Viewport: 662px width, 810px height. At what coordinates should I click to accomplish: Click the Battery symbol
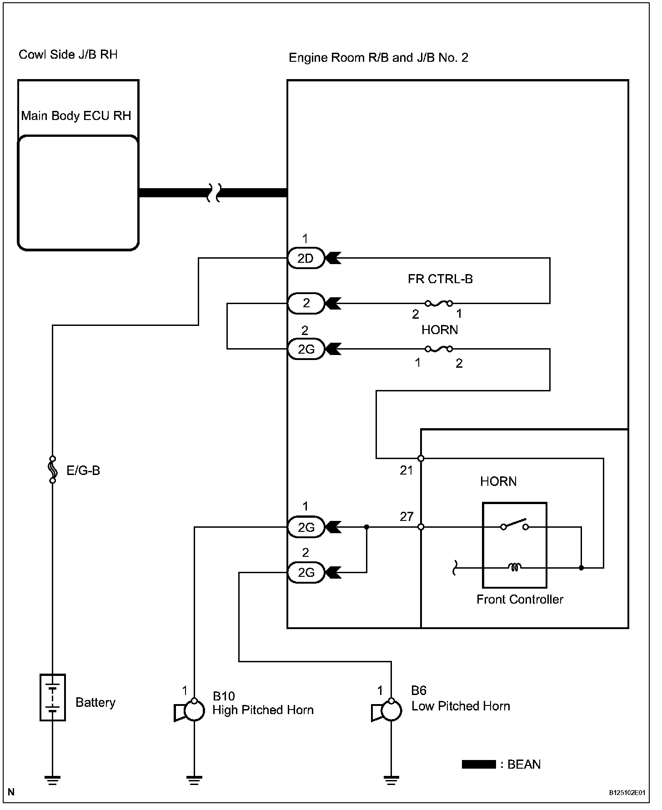point(53,697)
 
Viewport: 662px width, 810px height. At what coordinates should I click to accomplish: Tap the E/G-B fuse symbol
point(53,470)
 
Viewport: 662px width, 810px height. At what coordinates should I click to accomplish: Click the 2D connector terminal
point(306,258)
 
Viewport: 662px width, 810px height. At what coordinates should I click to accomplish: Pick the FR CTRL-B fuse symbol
point(439,303)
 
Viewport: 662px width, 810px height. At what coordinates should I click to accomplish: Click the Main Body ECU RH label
point(76,115)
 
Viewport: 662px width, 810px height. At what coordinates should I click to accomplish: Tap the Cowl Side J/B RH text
point(68,55)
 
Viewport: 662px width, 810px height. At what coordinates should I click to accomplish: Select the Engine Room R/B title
point(378,58)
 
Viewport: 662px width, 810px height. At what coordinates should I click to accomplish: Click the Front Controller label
point(520,599)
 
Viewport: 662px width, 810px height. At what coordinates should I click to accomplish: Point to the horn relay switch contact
point(514,524)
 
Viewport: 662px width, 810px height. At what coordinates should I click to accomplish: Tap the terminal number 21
point(406,470)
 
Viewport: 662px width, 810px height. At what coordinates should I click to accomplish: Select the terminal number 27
point(406,516)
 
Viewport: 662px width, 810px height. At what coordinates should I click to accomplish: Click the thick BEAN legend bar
point(478,765)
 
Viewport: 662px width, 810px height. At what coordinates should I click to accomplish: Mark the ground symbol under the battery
point(53,781)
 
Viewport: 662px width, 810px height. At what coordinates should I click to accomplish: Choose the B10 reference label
point(224,696)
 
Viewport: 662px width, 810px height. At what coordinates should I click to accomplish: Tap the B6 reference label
point(419,691)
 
